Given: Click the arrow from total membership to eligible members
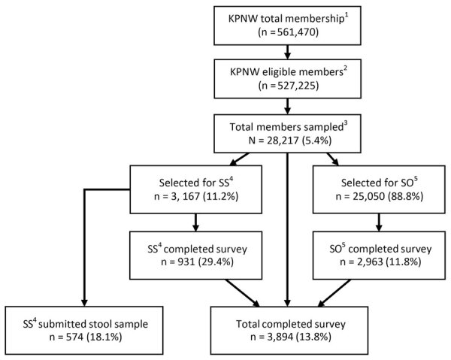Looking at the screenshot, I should coord(287,53).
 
